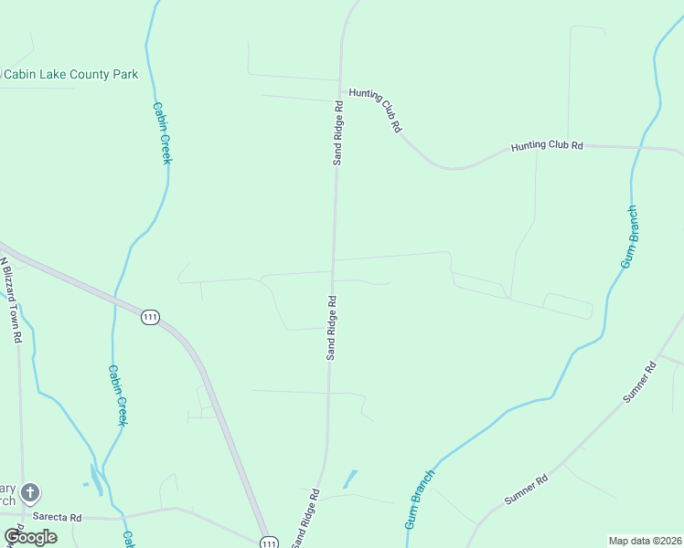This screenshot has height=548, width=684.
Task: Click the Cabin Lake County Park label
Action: (x=71, y=75)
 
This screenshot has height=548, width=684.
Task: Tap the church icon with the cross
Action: (x=29, y=494)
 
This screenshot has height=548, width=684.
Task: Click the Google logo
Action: (x=30, y=537)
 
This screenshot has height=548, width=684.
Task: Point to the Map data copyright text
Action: (x=646, y=541)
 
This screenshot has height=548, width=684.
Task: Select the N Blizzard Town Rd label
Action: (x=10, y=299)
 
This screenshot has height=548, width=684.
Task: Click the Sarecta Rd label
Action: (x=57, y=517)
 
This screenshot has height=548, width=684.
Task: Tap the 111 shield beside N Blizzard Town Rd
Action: (x=151, y=317)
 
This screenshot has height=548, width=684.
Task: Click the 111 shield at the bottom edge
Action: (x=268, y=543)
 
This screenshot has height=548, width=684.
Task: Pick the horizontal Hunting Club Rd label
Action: (x=547, y=145)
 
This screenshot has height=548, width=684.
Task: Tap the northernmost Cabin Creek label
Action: (x=161, y=132)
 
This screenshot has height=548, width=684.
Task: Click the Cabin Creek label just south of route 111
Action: (x=117, y=395)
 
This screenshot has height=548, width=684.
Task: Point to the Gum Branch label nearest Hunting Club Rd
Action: (x=630, y=237)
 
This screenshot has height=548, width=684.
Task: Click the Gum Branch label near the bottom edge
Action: (x=419, y=499)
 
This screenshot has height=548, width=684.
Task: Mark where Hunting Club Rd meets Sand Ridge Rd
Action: (x=340, y=90)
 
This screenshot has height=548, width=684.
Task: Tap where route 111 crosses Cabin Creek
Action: (x=116, y=295)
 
